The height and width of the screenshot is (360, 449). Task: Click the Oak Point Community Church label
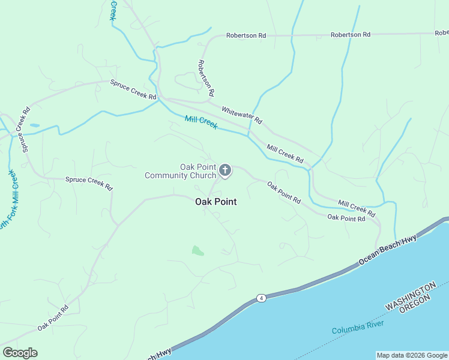coord(180,171)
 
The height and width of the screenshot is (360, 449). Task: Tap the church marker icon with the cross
coord(225,170)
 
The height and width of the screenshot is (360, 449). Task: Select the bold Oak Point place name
coord(216,202)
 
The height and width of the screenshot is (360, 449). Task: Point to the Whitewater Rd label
coord(242,115)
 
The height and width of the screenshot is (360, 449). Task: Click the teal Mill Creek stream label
coord(200,122)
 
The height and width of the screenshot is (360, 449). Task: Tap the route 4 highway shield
coord(261,298)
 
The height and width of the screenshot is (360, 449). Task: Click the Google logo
coord(20,353)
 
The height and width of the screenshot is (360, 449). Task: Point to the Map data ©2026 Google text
coord(412,355)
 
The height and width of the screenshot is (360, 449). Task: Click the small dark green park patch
coord(197,250)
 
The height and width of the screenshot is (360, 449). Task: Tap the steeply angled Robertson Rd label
coord(206,78)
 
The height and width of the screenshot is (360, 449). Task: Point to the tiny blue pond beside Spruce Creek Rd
coord(34,125)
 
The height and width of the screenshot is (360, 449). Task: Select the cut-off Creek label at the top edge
coord(112,10)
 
